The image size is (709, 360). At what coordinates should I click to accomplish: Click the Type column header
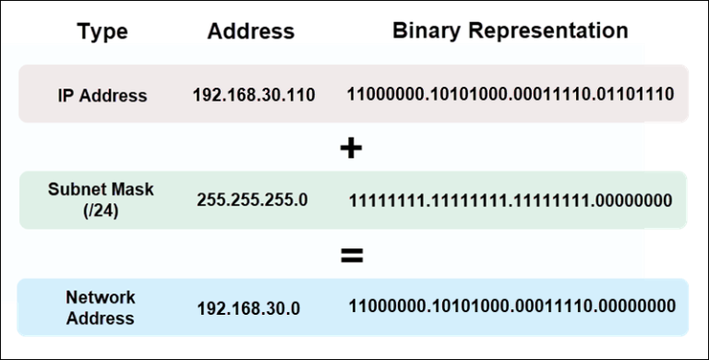[x=102, y=32]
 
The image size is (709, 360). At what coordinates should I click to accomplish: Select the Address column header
[x=250, y=31]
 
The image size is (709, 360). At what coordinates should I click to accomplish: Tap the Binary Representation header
[x=511, y=30]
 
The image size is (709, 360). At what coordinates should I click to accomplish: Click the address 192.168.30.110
[x=254, y=95]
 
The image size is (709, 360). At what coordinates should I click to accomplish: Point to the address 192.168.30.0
[x=248, y=308]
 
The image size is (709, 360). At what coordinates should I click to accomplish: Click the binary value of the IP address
[x=511, y=94]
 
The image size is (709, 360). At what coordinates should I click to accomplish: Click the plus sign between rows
[x=350, y=148]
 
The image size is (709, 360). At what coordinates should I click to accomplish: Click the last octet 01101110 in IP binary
[x=636, y=94]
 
